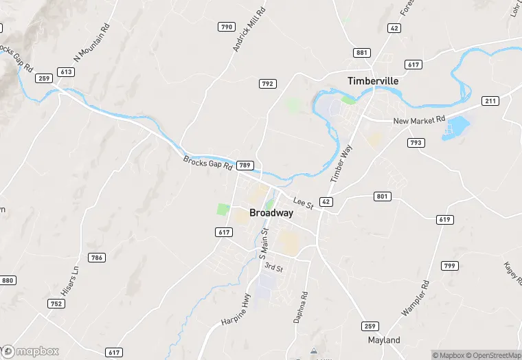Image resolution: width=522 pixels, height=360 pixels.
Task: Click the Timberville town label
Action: tap(373, 80)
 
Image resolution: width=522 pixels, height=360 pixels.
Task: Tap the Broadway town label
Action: tap(271, 213)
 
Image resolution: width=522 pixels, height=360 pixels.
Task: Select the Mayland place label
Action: tap(384, 340)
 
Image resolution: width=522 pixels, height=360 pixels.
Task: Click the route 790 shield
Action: tap(226, 27)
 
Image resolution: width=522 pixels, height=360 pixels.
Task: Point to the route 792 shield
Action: tap(268, 84)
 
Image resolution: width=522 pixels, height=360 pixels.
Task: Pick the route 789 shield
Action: tap(245, 166)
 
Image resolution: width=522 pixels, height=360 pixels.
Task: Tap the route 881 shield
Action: tap(362, 53)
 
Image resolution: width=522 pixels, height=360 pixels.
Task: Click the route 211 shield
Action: tap(490, 102)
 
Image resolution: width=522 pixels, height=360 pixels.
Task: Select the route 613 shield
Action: tap(66, 72)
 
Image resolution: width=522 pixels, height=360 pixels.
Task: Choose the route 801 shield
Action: tap(382, 196)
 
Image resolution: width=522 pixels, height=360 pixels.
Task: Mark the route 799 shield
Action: tap(449, 266)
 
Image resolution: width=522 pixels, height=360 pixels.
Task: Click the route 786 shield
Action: tap(96, 258)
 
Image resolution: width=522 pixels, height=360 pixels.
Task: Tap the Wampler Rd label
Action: tap(415, 297)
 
